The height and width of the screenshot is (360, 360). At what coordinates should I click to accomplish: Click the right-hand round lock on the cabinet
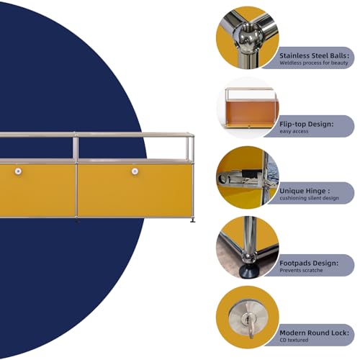coord(135,171)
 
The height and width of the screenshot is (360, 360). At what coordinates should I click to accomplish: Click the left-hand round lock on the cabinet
coord(18,171)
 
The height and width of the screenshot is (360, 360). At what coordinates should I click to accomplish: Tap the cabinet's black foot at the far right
coord(192,220)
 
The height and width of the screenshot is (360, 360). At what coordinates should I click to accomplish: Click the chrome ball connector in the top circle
coord(247,37)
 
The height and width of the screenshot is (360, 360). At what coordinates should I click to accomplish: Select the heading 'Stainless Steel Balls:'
coord(314,55)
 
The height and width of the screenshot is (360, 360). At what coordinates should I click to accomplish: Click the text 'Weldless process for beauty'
coord(314,63)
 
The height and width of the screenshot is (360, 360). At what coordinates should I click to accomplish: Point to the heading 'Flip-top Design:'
coord(307,124)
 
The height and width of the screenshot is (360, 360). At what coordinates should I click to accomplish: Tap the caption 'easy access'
coord(294,131)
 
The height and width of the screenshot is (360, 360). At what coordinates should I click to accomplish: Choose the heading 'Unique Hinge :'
coord(305,191)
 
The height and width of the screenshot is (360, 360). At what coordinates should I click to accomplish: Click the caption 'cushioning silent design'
coord(309,198)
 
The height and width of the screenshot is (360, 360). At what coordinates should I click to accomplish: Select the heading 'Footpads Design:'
coord(309,263)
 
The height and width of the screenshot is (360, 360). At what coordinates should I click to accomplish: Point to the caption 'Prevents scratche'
coord(301,270)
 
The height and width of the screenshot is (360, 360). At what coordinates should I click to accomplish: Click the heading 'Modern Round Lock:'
coord(314,333)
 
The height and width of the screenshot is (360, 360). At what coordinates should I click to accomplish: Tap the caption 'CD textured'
coord(294,340)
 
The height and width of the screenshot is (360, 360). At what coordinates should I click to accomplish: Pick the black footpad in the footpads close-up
coord(249,271)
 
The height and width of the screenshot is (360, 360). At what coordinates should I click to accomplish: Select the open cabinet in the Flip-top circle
coord(251,109)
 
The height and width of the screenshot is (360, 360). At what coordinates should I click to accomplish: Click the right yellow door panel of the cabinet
coord(135,190)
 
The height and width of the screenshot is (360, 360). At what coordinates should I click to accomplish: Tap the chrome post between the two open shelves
coord(75,147)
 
